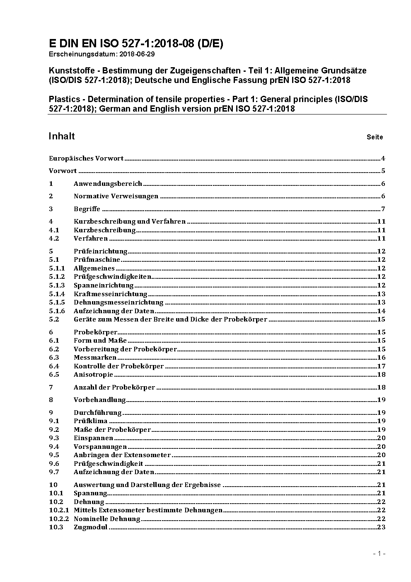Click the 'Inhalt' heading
(62, 136)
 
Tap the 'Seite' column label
(375, 137)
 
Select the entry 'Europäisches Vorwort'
(86, 158)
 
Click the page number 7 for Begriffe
(383, 209)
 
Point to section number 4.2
(54, 239)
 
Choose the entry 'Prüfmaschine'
(97, 260)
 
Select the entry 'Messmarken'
(95, 358)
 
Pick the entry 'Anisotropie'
(93, 375)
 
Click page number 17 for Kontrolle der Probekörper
(381, 366)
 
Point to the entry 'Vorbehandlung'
(99, 400)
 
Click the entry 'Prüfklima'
(90, 421)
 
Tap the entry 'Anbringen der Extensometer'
(122, 455)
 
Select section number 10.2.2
(59, 519)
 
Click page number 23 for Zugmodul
(381, 527)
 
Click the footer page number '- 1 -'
(379, 554)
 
